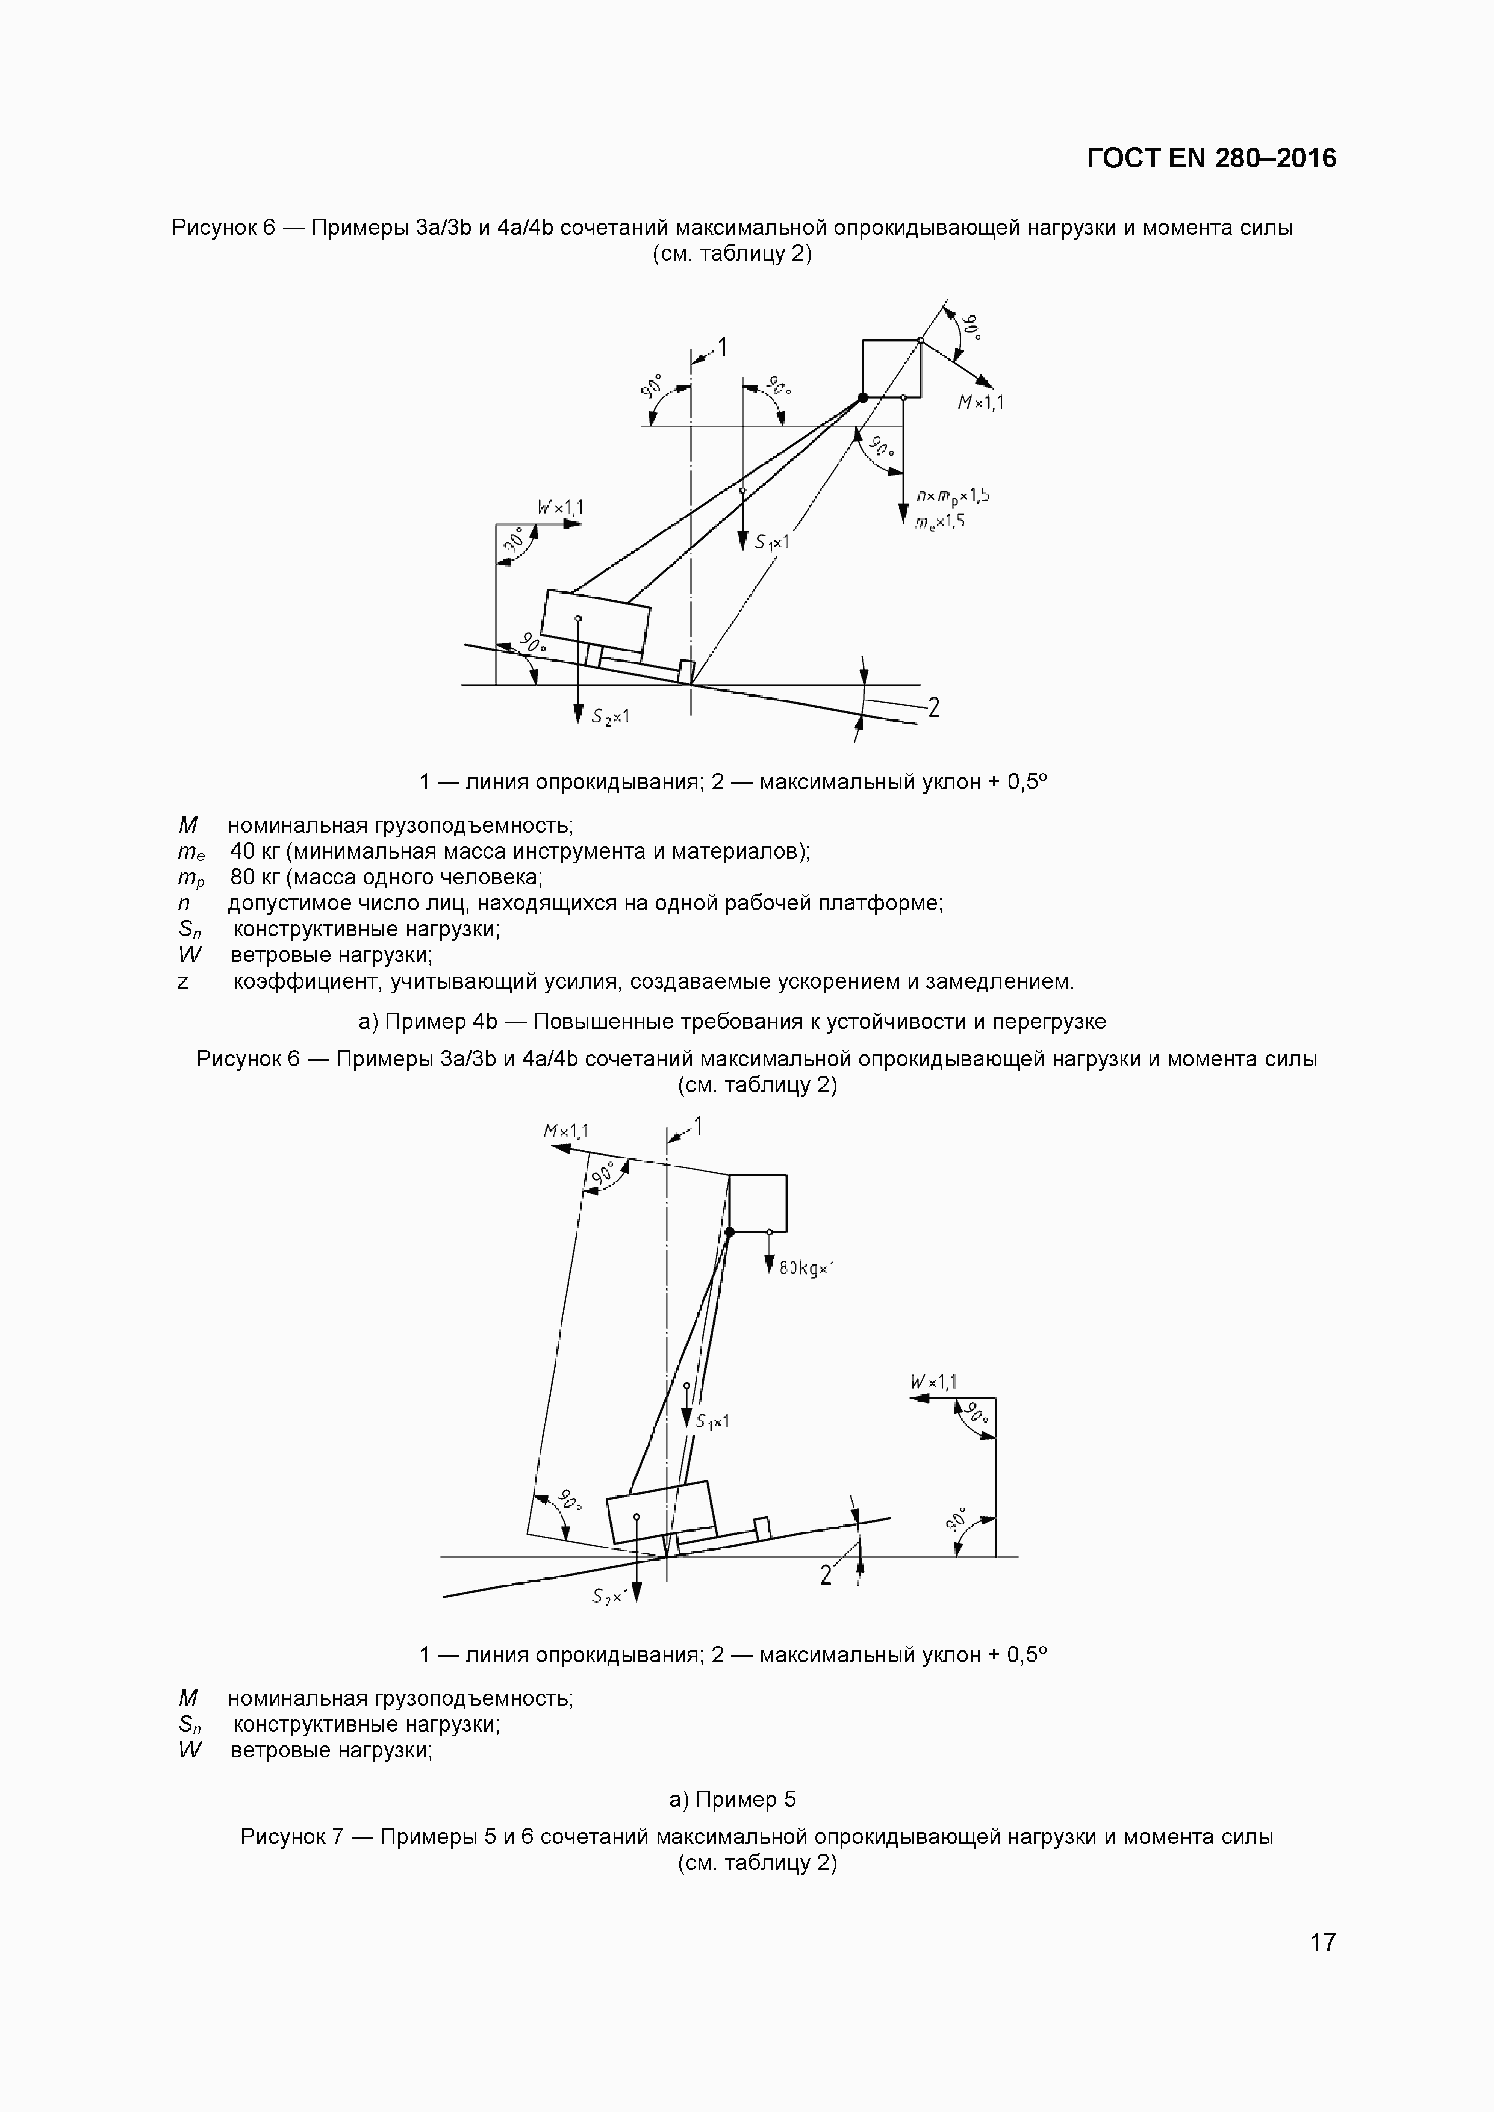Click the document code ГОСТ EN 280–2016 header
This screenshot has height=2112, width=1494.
pyautogui.click(x=1210, y=159)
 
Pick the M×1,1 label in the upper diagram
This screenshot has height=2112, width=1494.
pyautogui.click(x=981, y=402)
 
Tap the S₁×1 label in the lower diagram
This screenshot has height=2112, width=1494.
pyautogui.click(x=712, y=1421)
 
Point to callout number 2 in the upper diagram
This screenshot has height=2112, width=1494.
pyautogui.click(x=933, y=707)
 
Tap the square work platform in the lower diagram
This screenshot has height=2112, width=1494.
pyautogui.click(x=758, y=1203)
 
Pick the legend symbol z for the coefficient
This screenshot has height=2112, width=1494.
pyautogui.click(x=183, y=981)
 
